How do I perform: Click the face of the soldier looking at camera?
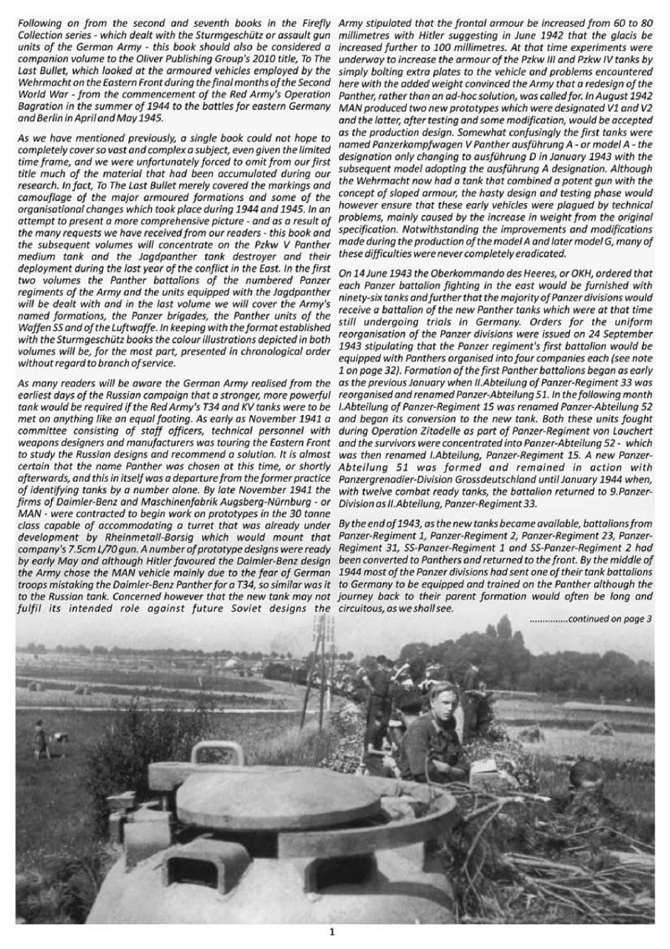[x=442, y=701]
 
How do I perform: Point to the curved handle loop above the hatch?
[x=217, y=753]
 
